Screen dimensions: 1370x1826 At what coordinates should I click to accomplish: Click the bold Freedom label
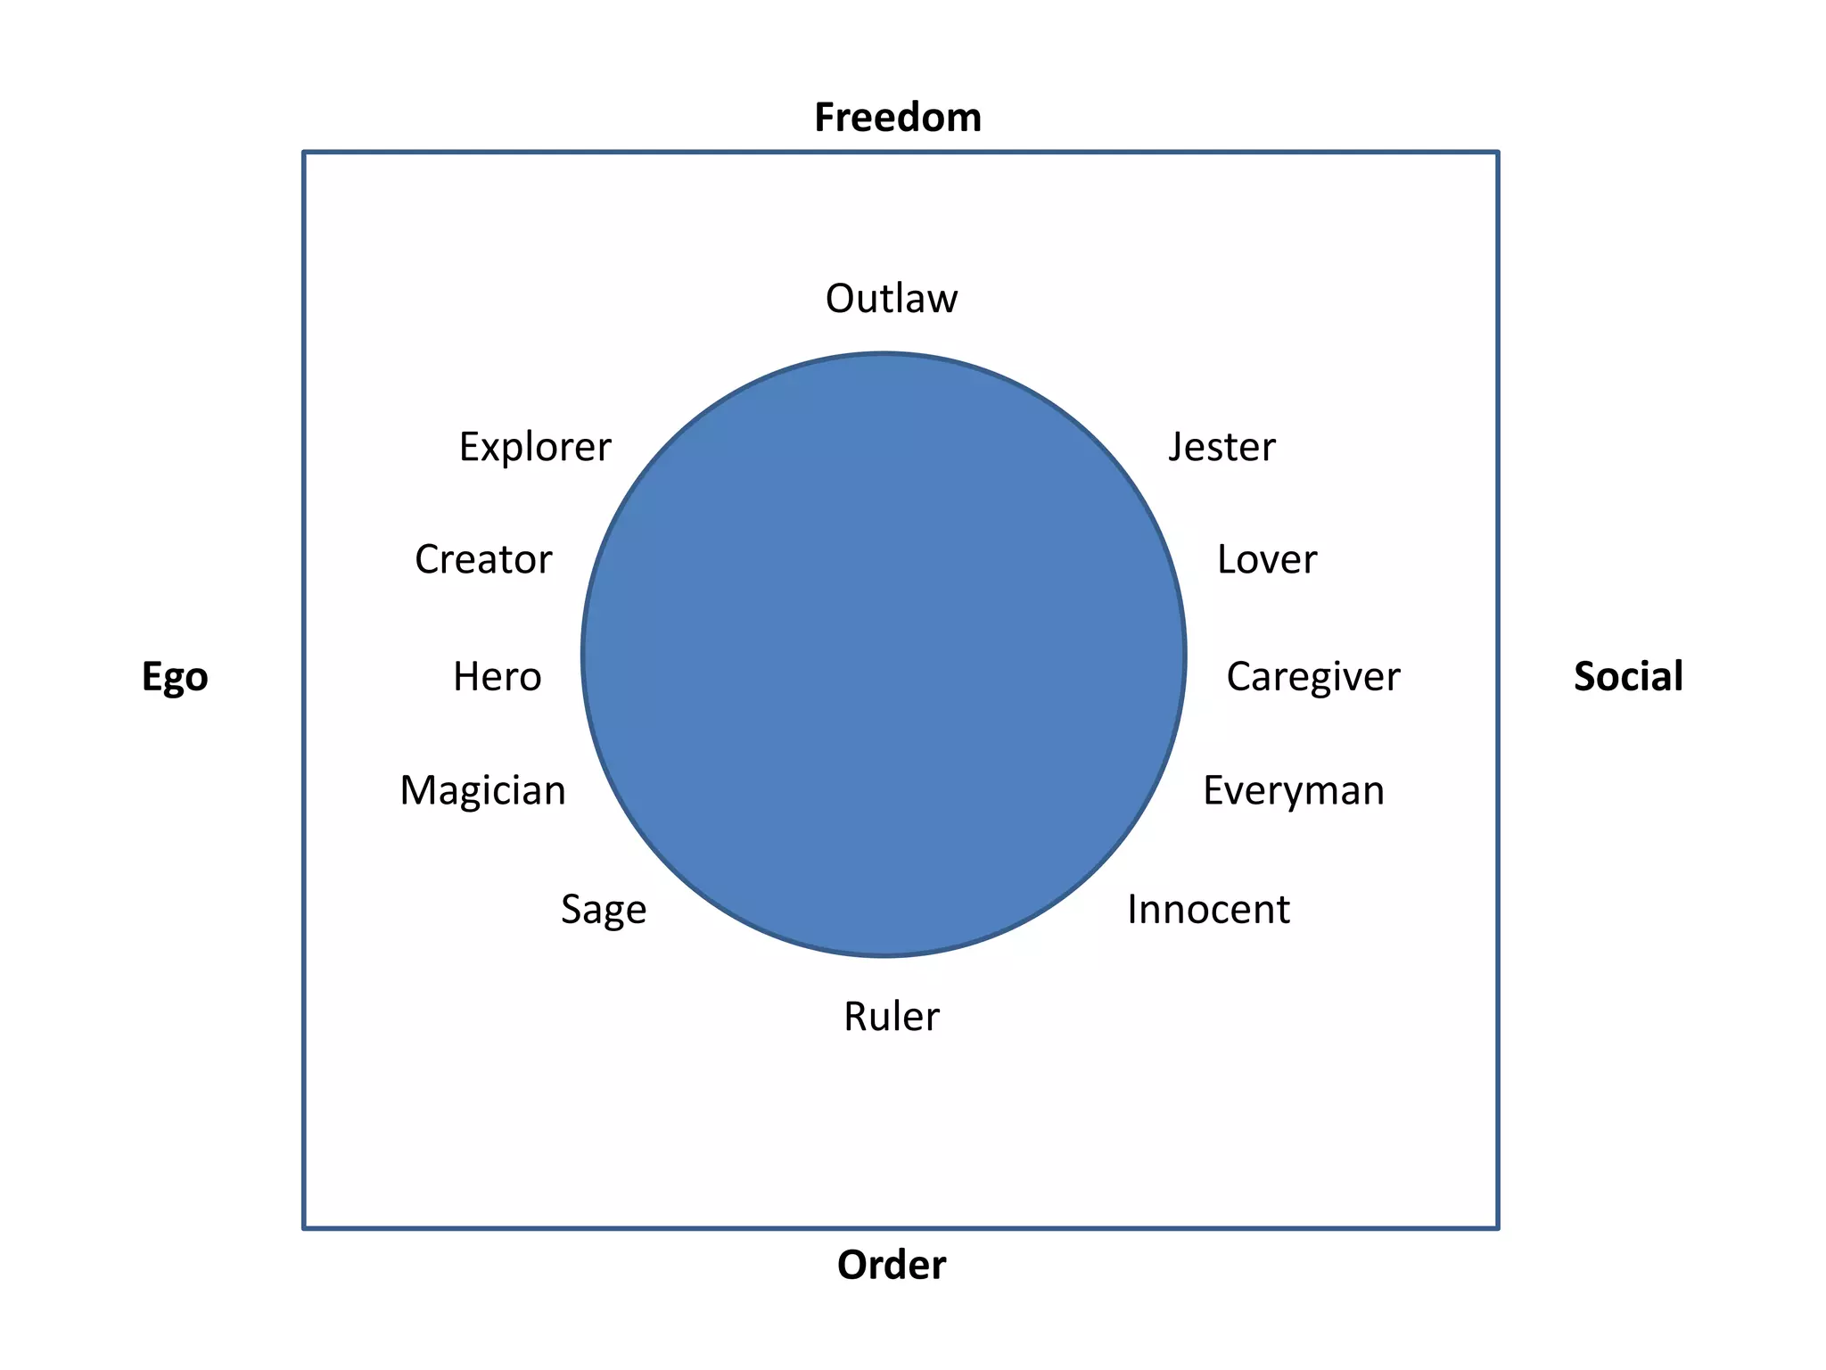[898, 118]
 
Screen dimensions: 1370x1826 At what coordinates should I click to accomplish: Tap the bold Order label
[892, 1265]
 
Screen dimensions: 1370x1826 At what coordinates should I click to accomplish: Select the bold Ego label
[175, 677]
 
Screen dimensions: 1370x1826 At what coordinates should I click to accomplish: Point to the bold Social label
[1628, 676]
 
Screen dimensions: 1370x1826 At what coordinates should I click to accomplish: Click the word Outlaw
[892, 299]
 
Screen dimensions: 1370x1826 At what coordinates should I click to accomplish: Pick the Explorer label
[535, 447]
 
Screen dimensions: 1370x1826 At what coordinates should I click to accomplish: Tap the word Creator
[483, 559]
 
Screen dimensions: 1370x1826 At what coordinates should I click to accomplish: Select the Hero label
[497, 677]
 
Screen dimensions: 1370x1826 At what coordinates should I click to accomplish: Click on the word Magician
[482, 791]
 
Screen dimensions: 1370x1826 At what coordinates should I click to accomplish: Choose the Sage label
[604, 910]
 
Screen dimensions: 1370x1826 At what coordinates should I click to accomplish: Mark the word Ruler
[892, 1017]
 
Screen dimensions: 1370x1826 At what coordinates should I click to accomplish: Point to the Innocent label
[1208, 910]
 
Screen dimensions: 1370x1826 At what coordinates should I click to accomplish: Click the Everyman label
[1294, 791]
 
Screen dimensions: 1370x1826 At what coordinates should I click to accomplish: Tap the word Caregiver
[1313, 677]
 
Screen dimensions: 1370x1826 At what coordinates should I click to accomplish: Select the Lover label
[1267, 559]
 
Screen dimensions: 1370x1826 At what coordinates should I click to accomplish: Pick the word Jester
[1222, 447]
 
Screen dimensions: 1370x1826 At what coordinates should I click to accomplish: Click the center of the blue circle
[884, 656]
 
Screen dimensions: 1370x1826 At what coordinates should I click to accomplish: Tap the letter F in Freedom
[826, 118]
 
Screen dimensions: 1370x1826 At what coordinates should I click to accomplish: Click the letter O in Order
[851, 1265]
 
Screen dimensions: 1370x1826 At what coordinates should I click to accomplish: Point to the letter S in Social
[1585, 676]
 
